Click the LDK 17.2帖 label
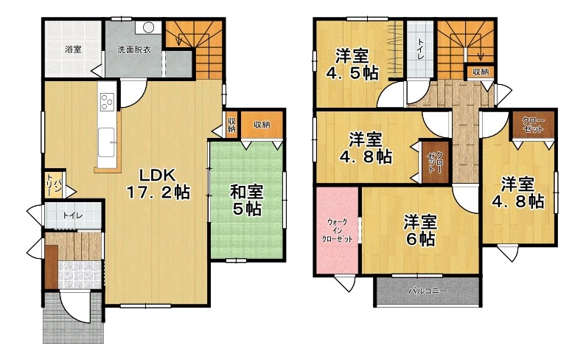pyautogui.click(x=158, y=184)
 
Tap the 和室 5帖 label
pyautogui.click(x=247, y=200)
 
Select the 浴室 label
pyautogui.click(x=73, y=49)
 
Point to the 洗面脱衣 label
pyautogui.click(x=134, y=49)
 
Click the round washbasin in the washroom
pyautogui.click(x=148, y=27)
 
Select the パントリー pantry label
pyautogui.click(x=54, y=186)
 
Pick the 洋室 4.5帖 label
pyautogui.click(x=352, y=64)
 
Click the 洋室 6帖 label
pyautogui.click(x=420, y=230)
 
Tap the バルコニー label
pyautogui.click(x=428, y=291)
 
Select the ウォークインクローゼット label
pyautogui.click(x=337, y=230)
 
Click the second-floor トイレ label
pyautogui.click(x=419, y=49)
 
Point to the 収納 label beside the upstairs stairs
pyautogui.click(x=481, y=72)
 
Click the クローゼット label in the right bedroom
pyautogui.click(x=533, y=125)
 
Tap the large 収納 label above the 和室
pyautogui.click(x=262, y=124)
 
